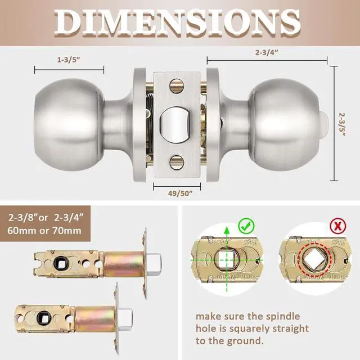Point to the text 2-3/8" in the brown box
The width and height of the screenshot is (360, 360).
point(25,217)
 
